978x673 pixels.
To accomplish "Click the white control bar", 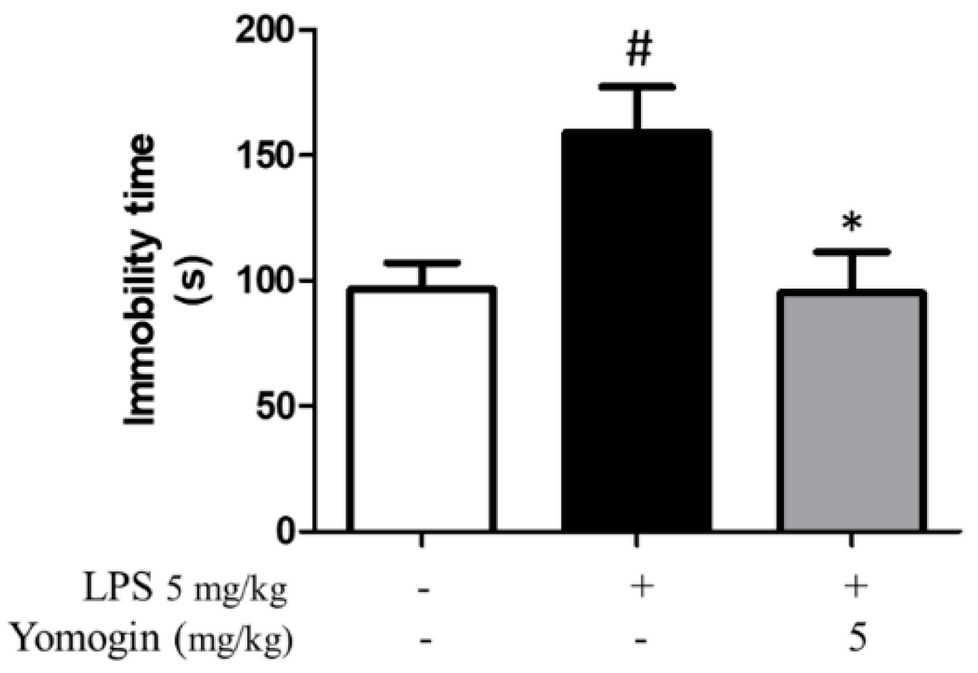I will point(422,409).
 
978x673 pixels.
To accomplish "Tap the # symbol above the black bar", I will point(638,50).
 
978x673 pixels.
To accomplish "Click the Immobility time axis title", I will point(141,280).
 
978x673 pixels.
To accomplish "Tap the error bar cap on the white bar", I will point(422,263).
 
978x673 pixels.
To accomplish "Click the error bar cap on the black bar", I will point(637,87).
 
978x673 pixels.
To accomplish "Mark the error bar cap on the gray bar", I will point(851,252).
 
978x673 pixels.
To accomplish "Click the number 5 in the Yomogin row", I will point(855,639).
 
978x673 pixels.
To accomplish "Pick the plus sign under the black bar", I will point(639,587).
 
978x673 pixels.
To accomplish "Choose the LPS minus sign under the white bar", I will point(424,588).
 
